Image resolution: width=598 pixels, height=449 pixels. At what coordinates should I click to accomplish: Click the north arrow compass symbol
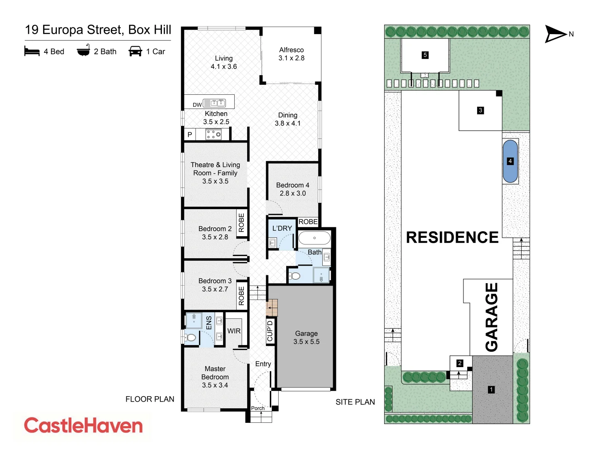556,34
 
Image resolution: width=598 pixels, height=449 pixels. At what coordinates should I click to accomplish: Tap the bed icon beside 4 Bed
32,52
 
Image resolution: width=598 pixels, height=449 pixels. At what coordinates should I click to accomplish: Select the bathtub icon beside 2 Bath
83,51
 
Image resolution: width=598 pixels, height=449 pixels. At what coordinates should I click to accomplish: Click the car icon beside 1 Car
135,52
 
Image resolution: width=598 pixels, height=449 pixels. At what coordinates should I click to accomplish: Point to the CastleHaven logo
83,426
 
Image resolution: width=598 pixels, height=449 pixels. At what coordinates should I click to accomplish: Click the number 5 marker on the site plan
425,55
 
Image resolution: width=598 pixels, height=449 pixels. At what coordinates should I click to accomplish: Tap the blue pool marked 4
510,161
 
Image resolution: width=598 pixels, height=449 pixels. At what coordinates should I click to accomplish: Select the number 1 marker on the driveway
491,390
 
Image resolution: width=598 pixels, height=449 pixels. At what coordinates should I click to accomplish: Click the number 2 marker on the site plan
460,363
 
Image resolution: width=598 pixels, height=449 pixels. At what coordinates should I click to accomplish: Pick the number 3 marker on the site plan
480,110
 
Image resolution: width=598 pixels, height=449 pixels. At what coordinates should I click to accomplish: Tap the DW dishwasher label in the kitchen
197,105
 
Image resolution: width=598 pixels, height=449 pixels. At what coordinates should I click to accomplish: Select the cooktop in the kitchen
214,134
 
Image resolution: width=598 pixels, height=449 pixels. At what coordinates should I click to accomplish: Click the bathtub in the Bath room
314,238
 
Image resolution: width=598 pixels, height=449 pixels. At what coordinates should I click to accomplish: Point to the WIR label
234,331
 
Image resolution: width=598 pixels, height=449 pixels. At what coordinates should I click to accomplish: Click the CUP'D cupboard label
270,331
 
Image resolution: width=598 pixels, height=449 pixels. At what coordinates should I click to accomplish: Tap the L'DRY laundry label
282,228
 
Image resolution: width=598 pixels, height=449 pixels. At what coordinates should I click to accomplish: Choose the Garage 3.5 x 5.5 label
306,338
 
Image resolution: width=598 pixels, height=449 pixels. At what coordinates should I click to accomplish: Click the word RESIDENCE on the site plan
452,237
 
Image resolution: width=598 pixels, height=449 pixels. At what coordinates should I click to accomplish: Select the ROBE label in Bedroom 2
241,223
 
